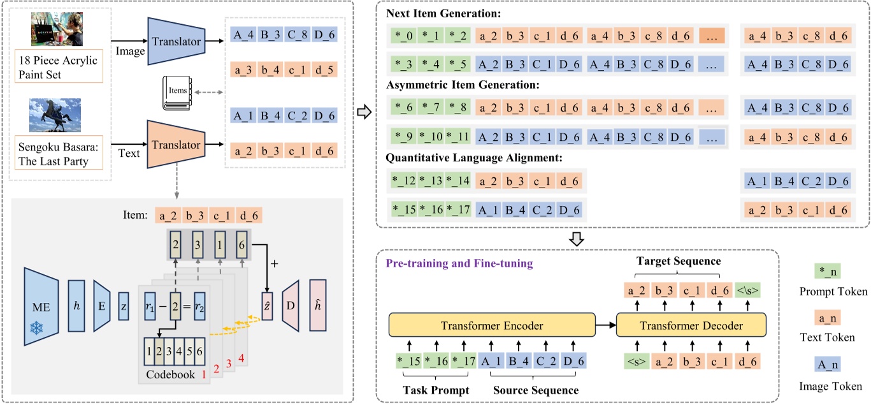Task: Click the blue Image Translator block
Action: (175, 41)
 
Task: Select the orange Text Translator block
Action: (175, 145)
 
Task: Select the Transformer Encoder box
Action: (491, 326)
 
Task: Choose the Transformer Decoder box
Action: (691, 326)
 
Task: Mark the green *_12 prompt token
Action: (404, 181)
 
